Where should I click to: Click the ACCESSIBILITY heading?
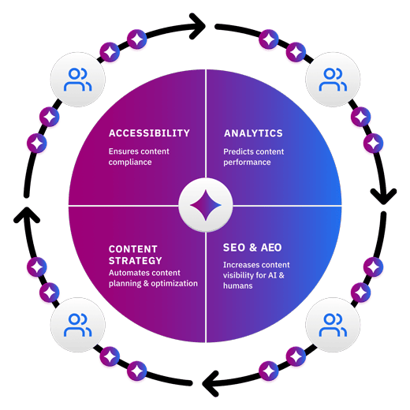pyautogui.click(x=149, y=133)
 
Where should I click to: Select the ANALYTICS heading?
pyautogui.click(x=253, y=133)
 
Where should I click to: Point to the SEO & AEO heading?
pyautogui.click(x=252, y=248)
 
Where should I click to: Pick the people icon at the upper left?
pyautogui.click(x=76, y=79)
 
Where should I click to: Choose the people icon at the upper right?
pyautogui.click(x=333, y=79)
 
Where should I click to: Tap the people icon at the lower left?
pyautogui.click(x=76, y=325)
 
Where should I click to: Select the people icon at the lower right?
pyautogui.click(x=333, y=325)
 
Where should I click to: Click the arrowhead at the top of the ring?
pyautogui.click(x=197, y=26)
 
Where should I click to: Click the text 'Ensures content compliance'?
pyautogui.click(x=139, y=157)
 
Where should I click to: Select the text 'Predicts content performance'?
pyautogui.click(x=254, y=157)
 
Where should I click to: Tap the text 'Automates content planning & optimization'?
pyautogui.click(x=153, y=278)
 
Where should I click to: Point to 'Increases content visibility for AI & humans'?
pyautogui.click(x=256, y=275)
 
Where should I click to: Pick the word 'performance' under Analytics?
pyautogui.click(x=247, y=162)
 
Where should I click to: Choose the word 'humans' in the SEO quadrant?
pyautogui.click(x=238, y=286)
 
